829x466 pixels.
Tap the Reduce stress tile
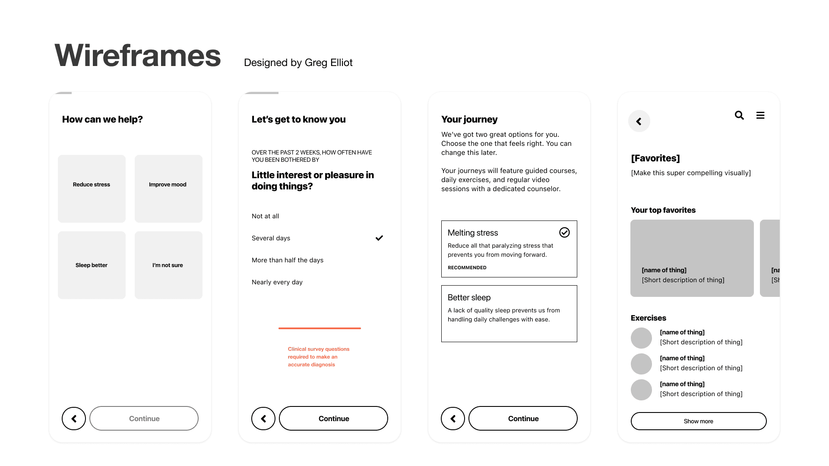[92, 189]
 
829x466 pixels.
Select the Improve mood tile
[168, 189]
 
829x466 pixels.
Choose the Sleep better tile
[92, 265]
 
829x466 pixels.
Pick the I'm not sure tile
[168, 265]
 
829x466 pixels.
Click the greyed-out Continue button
[144, 418]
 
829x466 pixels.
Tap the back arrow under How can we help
[74, 419]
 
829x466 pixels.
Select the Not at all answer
[265, 216]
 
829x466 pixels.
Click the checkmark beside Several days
[379, 238]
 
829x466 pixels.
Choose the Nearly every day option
[277, 282]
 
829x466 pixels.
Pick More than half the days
[288, 260]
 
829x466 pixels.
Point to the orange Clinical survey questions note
[319, 357]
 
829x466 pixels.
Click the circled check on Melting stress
[564, 233]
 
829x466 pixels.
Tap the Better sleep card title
[469, 298]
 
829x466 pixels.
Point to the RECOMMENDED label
[467, 268]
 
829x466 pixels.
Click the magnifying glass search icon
[739, 115]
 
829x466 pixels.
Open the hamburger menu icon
[760, 115]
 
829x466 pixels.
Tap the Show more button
[699, 421]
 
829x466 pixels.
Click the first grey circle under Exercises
[641, 338]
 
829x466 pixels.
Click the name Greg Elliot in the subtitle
[329, 63]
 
